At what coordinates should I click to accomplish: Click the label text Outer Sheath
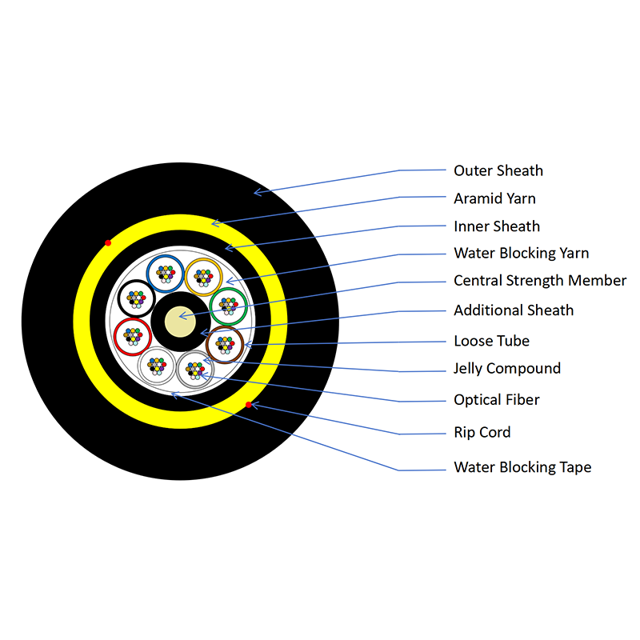(x=498, y=170)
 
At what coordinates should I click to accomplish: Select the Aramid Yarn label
(x=494, y=198)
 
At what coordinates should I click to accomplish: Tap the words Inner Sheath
(x=496, y=226)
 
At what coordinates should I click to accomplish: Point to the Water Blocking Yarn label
(x=521, y=254)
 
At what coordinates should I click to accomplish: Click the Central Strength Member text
(x=540, y=281)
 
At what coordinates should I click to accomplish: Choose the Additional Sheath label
(x=514, y=310)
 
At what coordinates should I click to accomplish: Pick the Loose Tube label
(x=491, y=341)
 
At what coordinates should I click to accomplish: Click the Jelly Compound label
(x=507, y=369)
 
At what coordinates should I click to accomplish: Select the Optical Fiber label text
(x=496, y=400)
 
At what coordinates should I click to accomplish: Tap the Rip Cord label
(x=482, y=433)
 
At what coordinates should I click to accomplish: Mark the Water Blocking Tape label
(x=522, y=467)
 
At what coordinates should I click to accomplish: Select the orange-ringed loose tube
(x=203, y=277)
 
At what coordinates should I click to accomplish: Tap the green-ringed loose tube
(x=228, y=305)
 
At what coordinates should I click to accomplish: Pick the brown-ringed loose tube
(x=225, y=345)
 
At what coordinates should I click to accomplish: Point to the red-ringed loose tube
(x=134, y=336)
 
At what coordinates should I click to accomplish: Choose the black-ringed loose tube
(x=137, y=299)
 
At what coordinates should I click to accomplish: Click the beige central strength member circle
(x=179, y=322)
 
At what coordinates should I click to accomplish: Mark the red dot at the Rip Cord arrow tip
(x=249, y=405)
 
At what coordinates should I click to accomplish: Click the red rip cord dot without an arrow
(x=108, y=242)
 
